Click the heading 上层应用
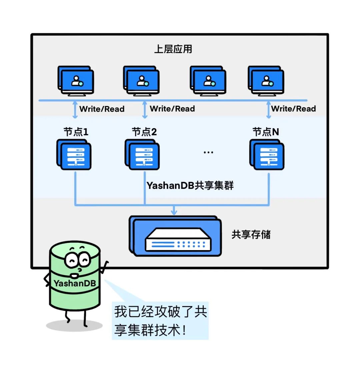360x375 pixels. click(x=173, y=49)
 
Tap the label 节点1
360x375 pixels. click(x=76, y=132)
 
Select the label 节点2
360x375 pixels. click(x=144, y=132)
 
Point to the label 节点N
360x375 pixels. click(x=266, y=132)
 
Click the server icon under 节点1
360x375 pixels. click(x=74, y=155)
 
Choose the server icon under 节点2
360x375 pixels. click(x=142, y=155)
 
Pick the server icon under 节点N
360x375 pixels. click(x=267, y=155)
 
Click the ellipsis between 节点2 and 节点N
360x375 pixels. click(x=208, y=153)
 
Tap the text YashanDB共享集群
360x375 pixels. click(x=190, y=186)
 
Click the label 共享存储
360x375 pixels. click(x=251, y=234)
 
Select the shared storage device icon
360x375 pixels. click(x=176, y=236)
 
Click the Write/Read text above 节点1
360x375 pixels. click(x=102, y=109)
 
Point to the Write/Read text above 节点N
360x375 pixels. click(x=293, y=109)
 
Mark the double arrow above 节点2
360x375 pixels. click(x=145, y=110)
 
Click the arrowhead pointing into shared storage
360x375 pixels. click(x=174, y=212)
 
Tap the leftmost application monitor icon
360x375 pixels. click(x=76, y=81)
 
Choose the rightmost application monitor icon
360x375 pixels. click(x=266, y=81)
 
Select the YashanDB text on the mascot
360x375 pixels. click(x=75, y=283)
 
